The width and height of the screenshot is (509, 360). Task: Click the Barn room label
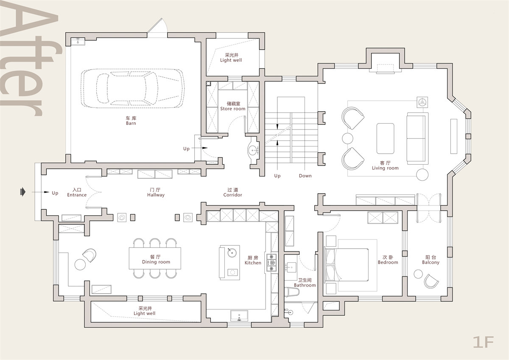pos(131,121)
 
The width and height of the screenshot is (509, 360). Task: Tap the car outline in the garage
pos(132,88)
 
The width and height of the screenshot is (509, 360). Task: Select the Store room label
pos(233,106)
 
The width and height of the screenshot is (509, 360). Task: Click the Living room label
pos(385,166)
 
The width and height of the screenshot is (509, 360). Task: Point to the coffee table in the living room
pos(385,138)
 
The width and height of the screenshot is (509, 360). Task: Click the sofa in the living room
pos(417,138)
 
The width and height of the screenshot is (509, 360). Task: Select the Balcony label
pos(431,260)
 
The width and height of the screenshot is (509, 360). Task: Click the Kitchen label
pos(253,260)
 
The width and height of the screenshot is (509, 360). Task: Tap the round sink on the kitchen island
pos(232,253)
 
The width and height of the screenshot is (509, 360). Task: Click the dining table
pos(155,258)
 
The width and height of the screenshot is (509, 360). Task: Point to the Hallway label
pos(156,192)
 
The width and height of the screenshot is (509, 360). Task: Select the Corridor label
pos(233,192)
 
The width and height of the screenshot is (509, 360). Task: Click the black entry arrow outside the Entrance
pos(23,192)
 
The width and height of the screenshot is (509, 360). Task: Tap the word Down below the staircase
pos(305,176)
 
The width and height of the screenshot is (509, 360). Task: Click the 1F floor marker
pos(483,342)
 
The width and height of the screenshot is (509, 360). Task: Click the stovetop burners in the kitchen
pos(272,263)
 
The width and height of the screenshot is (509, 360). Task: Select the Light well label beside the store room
pos(231,58)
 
